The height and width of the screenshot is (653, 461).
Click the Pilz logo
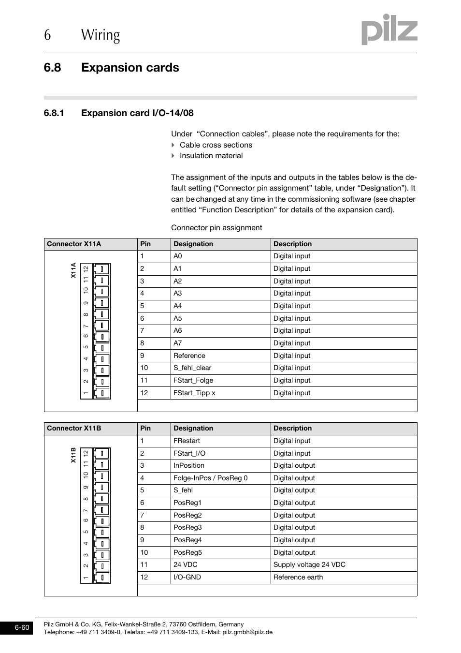(389, 30)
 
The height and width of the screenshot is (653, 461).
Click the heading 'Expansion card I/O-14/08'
(137, 113)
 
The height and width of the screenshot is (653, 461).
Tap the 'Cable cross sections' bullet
(216, 145)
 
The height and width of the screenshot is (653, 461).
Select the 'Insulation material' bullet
(211, 156)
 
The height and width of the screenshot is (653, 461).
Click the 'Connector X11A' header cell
(74, 244)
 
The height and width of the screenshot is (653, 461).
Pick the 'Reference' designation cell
(189, 356)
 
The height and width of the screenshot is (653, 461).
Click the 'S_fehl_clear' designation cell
(192, 368)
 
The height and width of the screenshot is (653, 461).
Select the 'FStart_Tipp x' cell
(194, 393)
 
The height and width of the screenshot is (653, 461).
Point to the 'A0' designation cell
(178, 256)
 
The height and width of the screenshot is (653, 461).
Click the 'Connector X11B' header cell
(74, 429)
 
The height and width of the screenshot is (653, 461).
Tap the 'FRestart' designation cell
(187, 441)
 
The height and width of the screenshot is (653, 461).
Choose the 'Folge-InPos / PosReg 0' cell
(210, 478)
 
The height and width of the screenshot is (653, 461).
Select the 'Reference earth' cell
(298, 578)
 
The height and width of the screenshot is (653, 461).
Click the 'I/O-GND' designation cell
(187, 578)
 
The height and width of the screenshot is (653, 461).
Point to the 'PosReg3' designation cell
(187, 528)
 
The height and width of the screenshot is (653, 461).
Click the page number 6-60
(22, 628)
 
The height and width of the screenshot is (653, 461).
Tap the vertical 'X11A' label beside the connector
(73, 270)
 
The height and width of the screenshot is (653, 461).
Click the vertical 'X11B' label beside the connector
(73, 455)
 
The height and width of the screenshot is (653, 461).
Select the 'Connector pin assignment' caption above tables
(216, 228)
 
